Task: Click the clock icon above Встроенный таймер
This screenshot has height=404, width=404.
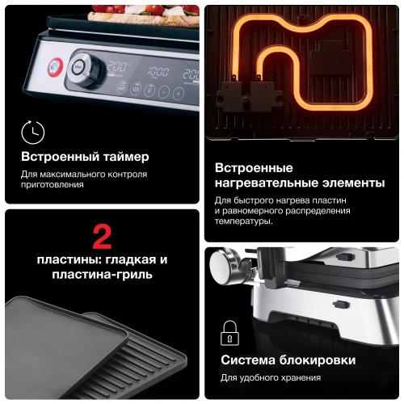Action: [x=33, y=133]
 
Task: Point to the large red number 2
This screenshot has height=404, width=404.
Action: [x=102, y=237]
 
